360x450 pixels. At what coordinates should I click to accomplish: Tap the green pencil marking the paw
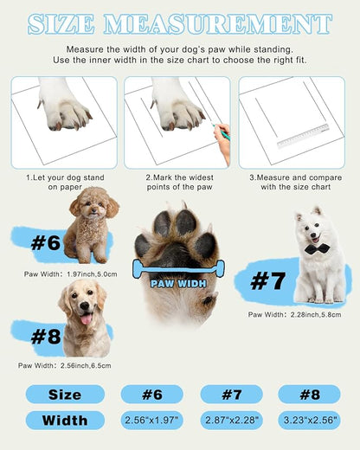click(x=223, y=132)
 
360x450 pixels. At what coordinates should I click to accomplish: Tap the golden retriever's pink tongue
click(x=86, y=319)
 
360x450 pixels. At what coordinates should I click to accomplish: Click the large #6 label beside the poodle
click(x=44, y=242)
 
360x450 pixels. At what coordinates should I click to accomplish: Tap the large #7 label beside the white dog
click(x=267, y=280)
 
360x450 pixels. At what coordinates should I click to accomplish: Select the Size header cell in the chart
click(x=65, y=395)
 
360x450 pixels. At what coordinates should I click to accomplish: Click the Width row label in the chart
click(x=65, y=421)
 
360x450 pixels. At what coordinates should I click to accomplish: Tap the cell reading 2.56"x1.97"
click(x=152, y=421)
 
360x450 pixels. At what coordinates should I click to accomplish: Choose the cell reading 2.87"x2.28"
click(x=231, y=421)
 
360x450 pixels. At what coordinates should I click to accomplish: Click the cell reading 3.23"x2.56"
click(x=309, y=421)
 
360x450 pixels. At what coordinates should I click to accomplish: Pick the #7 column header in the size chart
click(x=231, y=395)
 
